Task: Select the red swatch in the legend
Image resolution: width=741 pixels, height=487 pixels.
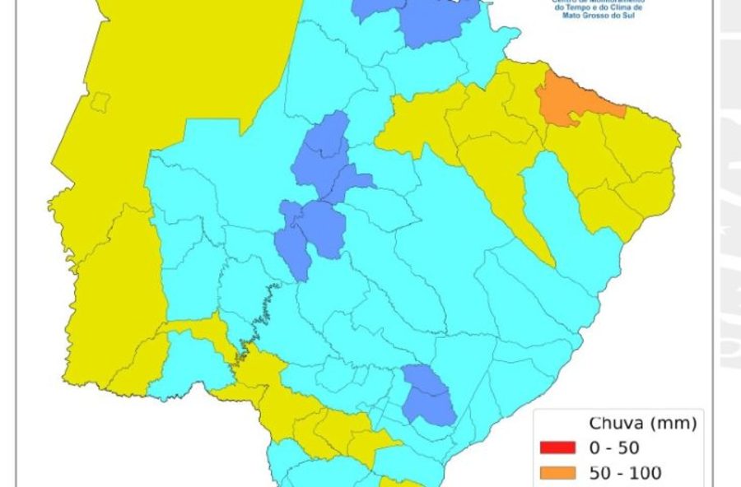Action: click(557, 448)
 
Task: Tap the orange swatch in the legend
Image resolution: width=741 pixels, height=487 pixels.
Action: click(557, 473)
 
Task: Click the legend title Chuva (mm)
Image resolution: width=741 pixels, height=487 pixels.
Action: click(643, 424)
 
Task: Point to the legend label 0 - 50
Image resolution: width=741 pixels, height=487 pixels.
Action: click(614, 448)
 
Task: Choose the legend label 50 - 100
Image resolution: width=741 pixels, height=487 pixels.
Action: click(626, 473)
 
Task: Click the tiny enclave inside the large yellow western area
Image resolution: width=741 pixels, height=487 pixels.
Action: click(100, 102)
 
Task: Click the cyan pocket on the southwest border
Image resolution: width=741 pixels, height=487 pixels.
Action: click(194, 362)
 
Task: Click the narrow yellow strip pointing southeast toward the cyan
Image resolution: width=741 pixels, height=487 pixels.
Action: click(527, 222)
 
